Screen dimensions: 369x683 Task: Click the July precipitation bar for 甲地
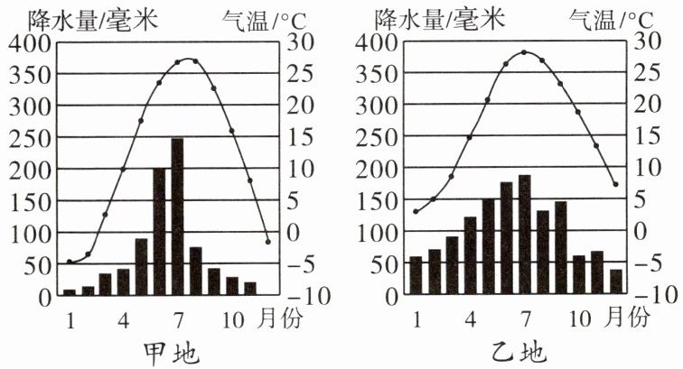(x=177, y=217)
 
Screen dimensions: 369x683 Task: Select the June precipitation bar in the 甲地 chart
(x=159, y=232)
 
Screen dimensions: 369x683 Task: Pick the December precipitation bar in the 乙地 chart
(x=616, y=282)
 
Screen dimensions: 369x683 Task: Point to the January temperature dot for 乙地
(x=416, y=212)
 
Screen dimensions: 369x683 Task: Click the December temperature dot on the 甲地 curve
(x=268, y=241)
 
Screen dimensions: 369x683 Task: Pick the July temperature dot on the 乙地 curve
(x=524, y=52)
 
